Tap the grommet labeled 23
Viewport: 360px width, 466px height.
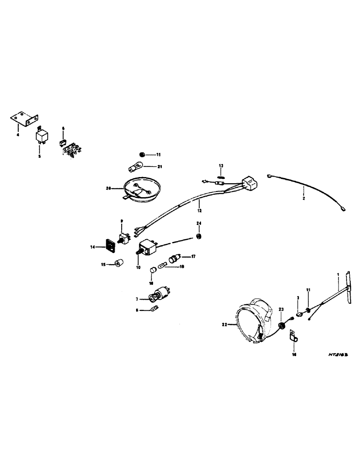click(282, 324)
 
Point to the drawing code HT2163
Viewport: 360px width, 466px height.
click(339, 355)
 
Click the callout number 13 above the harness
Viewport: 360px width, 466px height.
click(222, 165)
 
